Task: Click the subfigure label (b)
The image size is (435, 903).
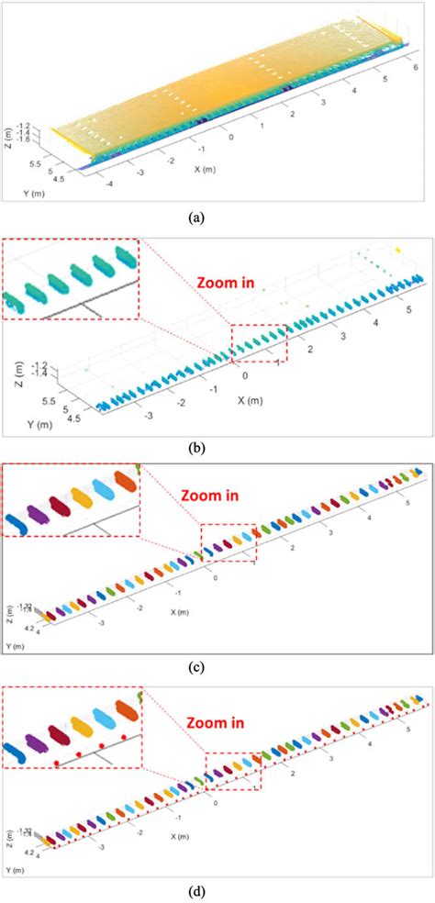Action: click(x=217, y=449)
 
